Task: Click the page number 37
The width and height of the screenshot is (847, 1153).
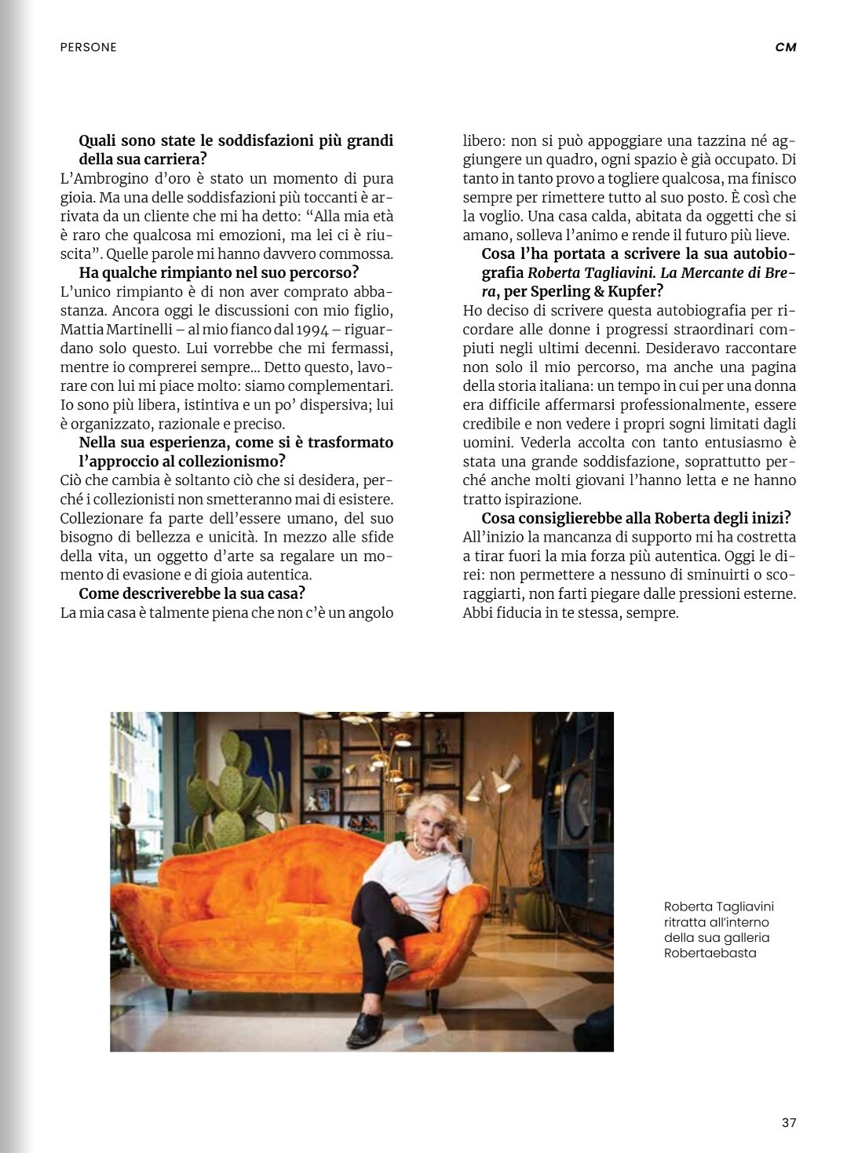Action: click(x=789, y=1122)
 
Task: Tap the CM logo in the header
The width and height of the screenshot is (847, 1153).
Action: click(x=786, y=47)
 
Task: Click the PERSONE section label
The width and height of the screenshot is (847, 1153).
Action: click(x=88, y=47)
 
